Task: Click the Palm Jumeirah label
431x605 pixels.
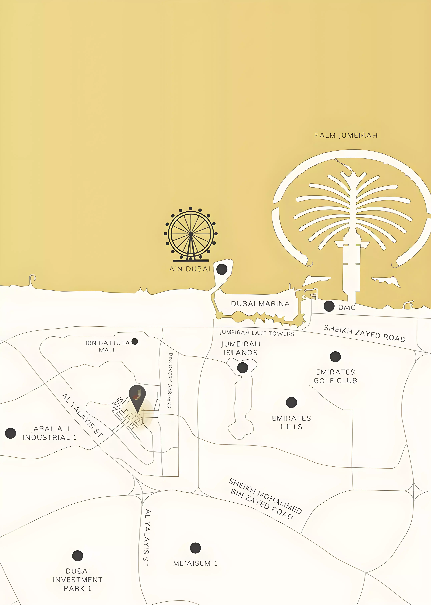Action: pos(346,135)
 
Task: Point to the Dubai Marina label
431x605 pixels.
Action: pos(260,304)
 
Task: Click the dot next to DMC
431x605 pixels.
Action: pos(329,306)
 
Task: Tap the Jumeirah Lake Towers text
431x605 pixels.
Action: pos(257,333)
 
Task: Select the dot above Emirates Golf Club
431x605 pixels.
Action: pos(335,357)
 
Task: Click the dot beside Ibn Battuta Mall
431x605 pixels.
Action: pos(135,341)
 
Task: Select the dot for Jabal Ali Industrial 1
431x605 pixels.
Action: pos(11,433)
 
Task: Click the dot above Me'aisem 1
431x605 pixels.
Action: pos(195,548)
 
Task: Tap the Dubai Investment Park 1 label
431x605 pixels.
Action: pos(77,580)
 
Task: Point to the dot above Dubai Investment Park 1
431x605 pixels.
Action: pos(77,556)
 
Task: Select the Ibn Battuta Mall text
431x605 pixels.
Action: pos(107,347)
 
